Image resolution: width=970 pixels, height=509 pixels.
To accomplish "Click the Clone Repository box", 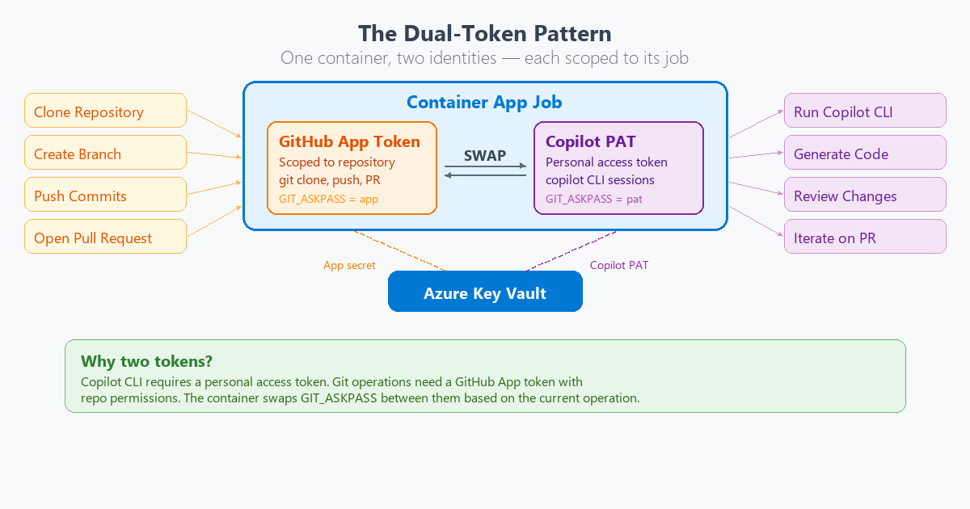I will (x=105, y=111).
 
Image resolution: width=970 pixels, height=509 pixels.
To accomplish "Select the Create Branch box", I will (x=105, y=153).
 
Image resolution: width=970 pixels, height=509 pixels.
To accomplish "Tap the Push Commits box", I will (x=105, y=195).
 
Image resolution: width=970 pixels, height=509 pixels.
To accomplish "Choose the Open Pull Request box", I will (x=105, y=237).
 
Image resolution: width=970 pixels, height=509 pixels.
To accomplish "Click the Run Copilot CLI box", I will (x=865, y=111).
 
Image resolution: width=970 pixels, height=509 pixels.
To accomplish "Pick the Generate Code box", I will (x=865, y=153).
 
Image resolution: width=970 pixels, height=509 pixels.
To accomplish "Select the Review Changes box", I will (x=865, y=195).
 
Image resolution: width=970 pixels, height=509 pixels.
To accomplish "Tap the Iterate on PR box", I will (x=865, y=237).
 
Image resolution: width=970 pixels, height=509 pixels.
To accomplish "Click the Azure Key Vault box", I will (x=485, y=292).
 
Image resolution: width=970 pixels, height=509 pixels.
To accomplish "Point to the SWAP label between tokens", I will (x=485, y=156).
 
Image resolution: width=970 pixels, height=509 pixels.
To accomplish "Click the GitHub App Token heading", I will (x=349, y=142).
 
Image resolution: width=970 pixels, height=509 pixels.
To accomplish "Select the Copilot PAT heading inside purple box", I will (x=590, y=142).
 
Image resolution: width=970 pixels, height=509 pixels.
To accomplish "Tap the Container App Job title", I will (x=484, y=103).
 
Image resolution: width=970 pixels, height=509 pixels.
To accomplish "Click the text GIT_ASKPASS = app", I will (x=328, y=199).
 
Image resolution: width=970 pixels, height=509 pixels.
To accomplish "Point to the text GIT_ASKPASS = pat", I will (x=593, y=199).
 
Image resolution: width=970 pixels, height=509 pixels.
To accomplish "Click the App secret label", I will (x=349, y=265).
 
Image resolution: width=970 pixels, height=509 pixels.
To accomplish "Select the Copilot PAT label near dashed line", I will (x=619, y=265).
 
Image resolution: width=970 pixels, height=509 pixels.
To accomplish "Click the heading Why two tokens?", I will (x=146, y=361).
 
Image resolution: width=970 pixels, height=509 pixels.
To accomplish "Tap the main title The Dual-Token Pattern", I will (x=485, y=34).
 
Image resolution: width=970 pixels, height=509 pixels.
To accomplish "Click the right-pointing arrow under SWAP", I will (x=485, y=167).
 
